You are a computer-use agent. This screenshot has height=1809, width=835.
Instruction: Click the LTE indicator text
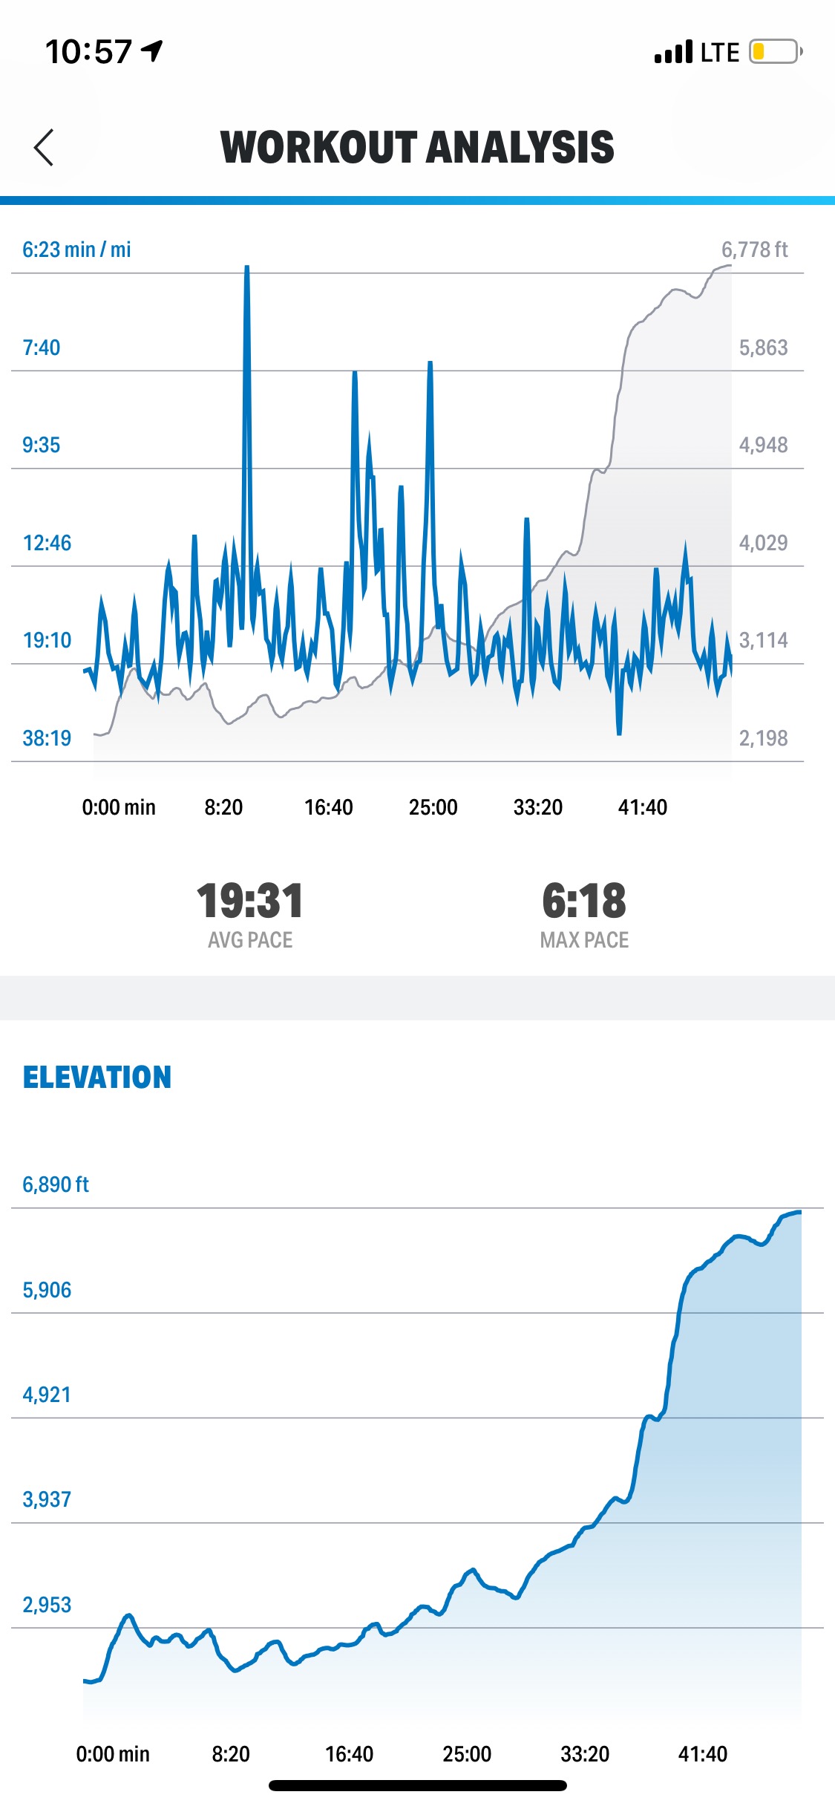(x=719, y=53)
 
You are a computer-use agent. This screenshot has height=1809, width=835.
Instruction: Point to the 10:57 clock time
(x=89, y=52)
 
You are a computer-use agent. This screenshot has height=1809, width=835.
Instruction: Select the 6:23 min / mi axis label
(x=76, y=250)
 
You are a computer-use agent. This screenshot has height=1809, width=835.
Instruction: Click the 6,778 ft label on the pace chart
(x=754, y=250)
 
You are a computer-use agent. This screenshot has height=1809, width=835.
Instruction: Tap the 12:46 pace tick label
(x=47, y=543)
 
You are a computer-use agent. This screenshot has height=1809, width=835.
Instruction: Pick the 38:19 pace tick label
(x=47, y=738)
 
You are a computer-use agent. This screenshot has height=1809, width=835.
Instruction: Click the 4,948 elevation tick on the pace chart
(x=763, y=445)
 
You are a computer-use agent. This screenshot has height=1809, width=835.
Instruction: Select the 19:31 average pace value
(x=250, y=901)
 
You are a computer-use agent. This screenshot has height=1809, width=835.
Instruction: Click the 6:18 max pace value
(x=584, y=901)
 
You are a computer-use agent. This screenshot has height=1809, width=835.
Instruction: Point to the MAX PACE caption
(x=584, y=940)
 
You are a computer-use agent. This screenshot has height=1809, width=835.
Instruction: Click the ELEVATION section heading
(x=97, y=1078)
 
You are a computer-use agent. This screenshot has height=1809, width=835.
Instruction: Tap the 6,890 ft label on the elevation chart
(x=56, y=1184)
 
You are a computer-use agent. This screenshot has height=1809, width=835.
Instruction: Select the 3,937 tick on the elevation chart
(x=47, y=1499)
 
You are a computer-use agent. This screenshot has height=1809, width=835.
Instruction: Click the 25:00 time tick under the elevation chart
(x=467, y=1754)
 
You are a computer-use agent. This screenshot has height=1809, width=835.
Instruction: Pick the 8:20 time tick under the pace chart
(x=223, y=807)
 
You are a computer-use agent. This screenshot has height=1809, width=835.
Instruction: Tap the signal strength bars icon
(x=673, y=52)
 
